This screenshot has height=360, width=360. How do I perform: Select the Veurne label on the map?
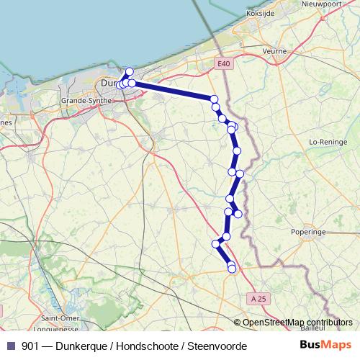click(x=275, y=52)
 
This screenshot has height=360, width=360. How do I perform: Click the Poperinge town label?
click(x=309, y=233)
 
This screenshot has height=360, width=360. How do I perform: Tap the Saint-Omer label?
click(x=60, y=318)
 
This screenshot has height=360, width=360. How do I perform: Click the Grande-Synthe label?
click(x=86, y=101)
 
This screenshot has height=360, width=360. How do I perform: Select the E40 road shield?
click(x=225, y=64)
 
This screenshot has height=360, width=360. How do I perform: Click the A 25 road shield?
click(x=258, y=298)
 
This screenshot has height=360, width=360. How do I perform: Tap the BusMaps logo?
click(x=326, y=346)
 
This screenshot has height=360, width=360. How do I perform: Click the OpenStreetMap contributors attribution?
click(x=297, y=323)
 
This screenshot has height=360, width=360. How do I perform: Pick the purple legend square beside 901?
click(x=11, y=346)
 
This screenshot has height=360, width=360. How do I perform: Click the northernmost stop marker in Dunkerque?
click(x=130, y=71)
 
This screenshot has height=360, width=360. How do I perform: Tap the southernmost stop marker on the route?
click(x=232, y=269)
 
